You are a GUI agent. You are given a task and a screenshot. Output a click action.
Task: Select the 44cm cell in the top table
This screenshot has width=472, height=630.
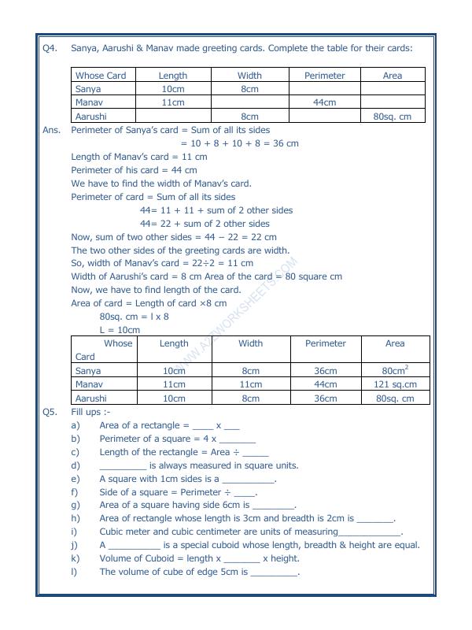pos(324,102)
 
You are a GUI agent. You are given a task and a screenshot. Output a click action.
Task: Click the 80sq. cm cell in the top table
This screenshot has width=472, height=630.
pos(392,117)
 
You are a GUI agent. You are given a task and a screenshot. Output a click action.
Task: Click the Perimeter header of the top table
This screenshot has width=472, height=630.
pos(324,76)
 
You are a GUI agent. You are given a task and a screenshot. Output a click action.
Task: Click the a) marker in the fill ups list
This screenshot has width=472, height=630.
pos(76,425)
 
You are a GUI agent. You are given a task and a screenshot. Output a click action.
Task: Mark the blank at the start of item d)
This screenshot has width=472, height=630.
pos(123,465)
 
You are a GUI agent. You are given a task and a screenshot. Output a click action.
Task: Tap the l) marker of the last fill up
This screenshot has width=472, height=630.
pos(75,572)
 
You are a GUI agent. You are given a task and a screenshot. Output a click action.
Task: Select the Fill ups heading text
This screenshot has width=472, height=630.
pos(90,411)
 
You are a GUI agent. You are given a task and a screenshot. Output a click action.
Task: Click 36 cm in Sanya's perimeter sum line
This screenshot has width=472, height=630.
pos(285,143)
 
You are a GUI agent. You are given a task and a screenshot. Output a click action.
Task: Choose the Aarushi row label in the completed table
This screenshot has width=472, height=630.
pos(91,398)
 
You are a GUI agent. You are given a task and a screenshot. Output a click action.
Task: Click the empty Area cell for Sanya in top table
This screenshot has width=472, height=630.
pos(392,89)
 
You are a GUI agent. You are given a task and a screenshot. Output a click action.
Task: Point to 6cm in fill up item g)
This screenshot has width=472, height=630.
pos(231,505)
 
